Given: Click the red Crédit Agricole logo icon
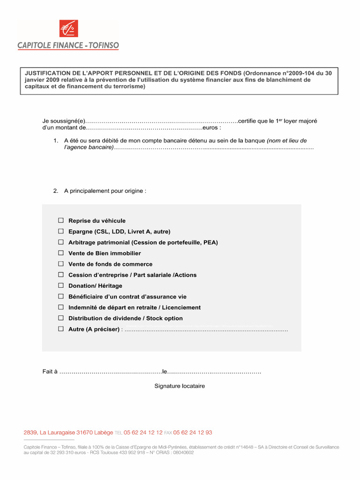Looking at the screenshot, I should click(68, 29).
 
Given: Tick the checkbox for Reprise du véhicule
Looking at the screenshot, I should click(61, 220).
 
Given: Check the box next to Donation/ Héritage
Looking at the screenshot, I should click(61, 285).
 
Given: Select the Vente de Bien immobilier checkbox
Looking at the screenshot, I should click(61, 253).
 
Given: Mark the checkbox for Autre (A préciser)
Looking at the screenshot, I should click(61, 329).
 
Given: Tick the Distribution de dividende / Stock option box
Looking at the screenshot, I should click(61, 318).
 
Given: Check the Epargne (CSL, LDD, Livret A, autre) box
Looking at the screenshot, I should click(61, 231).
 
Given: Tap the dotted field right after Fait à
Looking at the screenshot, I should click(111, 372).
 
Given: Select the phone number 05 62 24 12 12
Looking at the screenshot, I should click(143, 433).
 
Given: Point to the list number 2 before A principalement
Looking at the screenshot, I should click(55, 191).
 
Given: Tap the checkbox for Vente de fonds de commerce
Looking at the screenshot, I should click(61, 264).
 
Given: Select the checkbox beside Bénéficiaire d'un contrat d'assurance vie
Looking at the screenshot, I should click(61, 297).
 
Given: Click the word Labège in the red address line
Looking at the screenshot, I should click(104, 433).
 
